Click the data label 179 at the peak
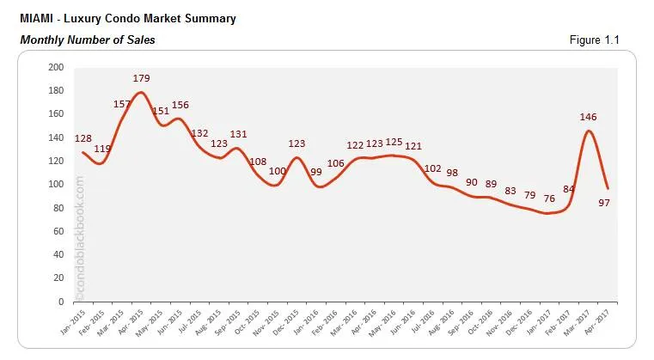tap(142, 79)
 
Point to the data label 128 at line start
tap(83, 138)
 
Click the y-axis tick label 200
tap(56, 67)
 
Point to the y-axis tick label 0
tap(61, 302)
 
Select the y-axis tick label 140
tap(56, 137)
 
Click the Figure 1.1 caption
tap(594, 40)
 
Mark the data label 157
tap(121, 105)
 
